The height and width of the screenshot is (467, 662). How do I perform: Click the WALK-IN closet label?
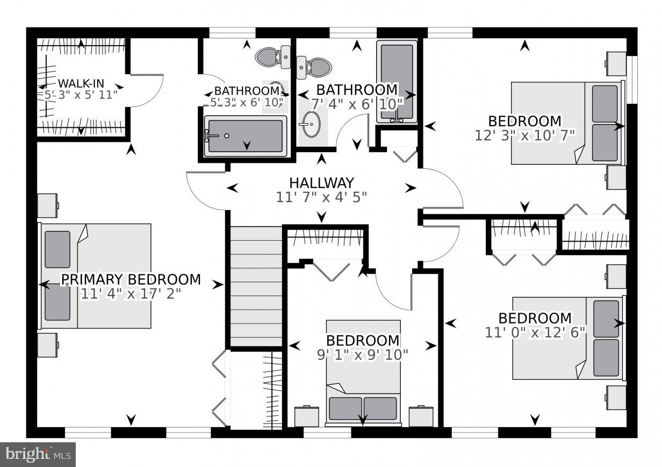(81, 83)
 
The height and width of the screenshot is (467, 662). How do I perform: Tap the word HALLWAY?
(321, 183)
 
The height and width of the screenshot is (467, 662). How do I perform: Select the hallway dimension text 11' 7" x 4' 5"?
(321, 197)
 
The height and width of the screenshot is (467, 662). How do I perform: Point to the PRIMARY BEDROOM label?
(131, 279)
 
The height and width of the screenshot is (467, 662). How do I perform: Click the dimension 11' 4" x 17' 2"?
(131, 294)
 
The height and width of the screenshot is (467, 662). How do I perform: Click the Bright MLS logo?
(38, 455)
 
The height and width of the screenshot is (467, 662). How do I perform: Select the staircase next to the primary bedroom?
(256, 288)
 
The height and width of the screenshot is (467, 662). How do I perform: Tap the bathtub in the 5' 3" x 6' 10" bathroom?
(245, 136)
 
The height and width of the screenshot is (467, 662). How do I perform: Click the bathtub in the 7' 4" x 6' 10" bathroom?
(397, 81)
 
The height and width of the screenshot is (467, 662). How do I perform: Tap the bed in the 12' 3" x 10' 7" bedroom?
(567, 123)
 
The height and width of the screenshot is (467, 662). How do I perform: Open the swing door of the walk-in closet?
(146, 90)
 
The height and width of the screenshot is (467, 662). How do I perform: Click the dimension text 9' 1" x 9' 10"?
(363, 355)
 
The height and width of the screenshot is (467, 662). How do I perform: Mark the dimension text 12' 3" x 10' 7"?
(524, 135)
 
